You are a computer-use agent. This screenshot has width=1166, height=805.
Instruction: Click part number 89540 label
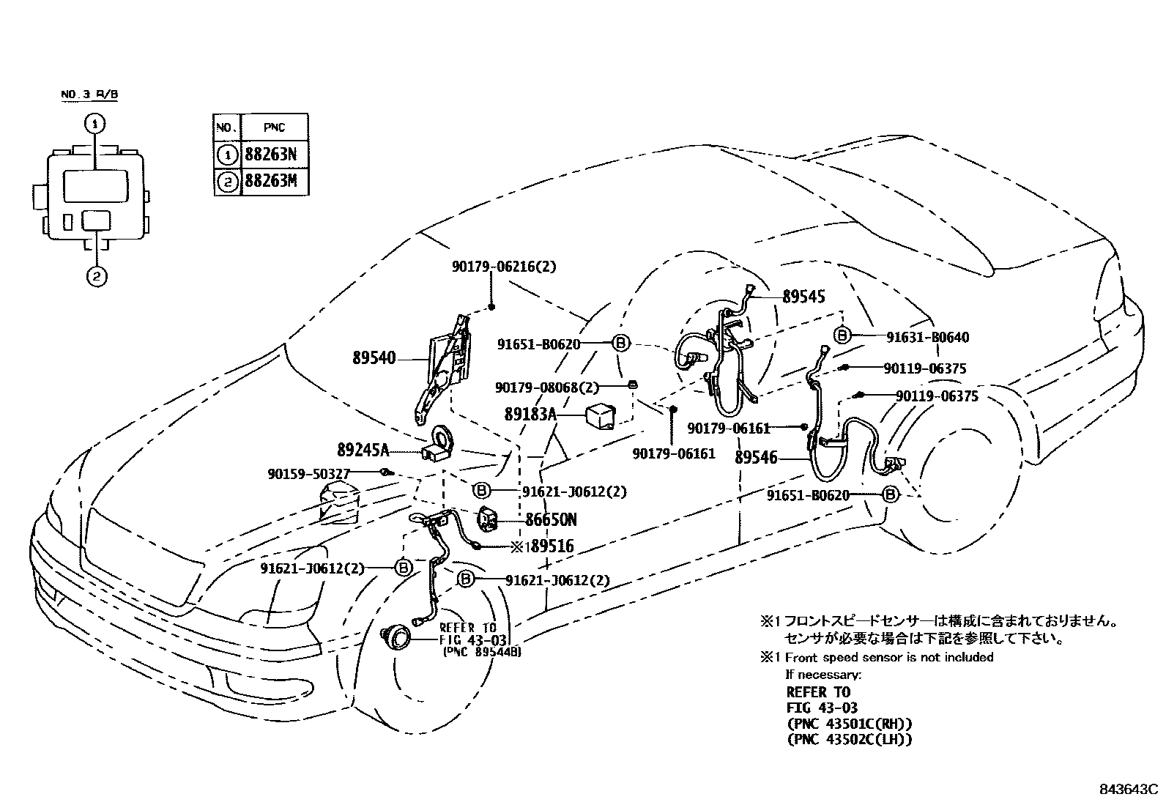374,358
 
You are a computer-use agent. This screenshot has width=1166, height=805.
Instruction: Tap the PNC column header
275,127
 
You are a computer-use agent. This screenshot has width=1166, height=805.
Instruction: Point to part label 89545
803,297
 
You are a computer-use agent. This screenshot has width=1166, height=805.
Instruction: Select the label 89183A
530,415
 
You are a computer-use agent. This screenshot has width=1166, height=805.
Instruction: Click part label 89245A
363,449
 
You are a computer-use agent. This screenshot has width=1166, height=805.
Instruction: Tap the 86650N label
551,520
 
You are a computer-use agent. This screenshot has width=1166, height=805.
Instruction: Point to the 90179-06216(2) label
503,267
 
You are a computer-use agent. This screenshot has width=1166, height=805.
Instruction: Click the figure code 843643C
1128,790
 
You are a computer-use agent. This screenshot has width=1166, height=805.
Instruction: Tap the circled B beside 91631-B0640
842,335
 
